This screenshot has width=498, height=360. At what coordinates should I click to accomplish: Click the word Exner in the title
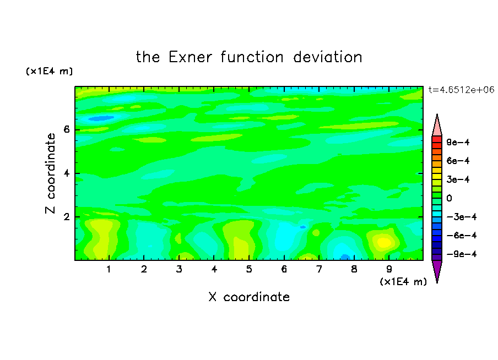pos(190,57)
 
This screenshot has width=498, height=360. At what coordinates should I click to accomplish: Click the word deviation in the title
pos(327,57)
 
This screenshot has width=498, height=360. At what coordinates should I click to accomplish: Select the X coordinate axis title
pos(249,297)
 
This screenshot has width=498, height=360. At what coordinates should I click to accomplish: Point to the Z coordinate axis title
pos(50,173)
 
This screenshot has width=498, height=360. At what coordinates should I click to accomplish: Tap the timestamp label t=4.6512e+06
pos(461,90)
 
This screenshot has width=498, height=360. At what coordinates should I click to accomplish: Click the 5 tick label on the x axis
pos(249,269)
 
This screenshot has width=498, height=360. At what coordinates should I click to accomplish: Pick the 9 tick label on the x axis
pos(389,269)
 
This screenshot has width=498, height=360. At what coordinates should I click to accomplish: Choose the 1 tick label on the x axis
pos(109,269)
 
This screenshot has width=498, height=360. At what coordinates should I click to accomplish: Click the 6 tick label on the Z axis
pos(66,129)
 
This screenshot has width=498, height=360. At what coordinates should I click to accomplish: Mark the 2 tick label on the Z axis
pos(66,217)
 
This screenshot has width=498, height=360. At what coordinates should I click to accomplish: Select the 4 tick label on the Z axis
pos(66,173)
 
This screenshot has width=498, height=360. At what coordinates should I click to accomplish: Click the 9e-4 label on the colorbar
pos(458,142)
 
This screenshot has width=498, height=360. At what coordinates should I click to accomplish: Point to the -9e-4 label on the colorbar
pos(462,254)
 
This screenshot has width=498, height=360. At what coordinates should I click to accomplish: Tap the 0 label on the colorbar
pos(449,198)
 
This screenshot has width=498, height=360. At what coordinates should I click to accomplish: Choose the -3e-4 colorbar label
pos(462,217)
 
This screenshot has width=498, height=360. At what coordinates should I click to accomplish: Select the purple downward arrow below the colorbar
pos(437,270)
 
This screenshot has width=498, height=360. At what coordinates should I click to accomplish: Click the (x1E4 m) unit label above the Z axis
pos(49,71)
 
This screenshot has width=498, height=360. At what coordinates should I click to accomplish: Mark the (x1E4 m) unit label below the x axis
pos(403,282)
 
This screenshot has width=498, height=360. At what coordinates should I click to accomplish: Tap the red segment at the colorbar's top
pos(437,139)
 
